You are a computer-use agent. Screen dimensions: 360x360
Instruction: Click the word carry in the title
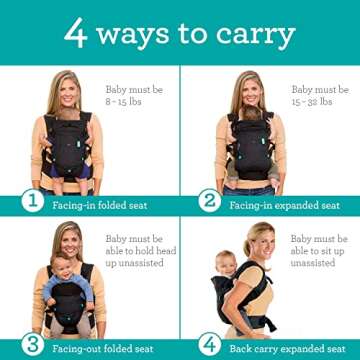click(258, 36)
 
